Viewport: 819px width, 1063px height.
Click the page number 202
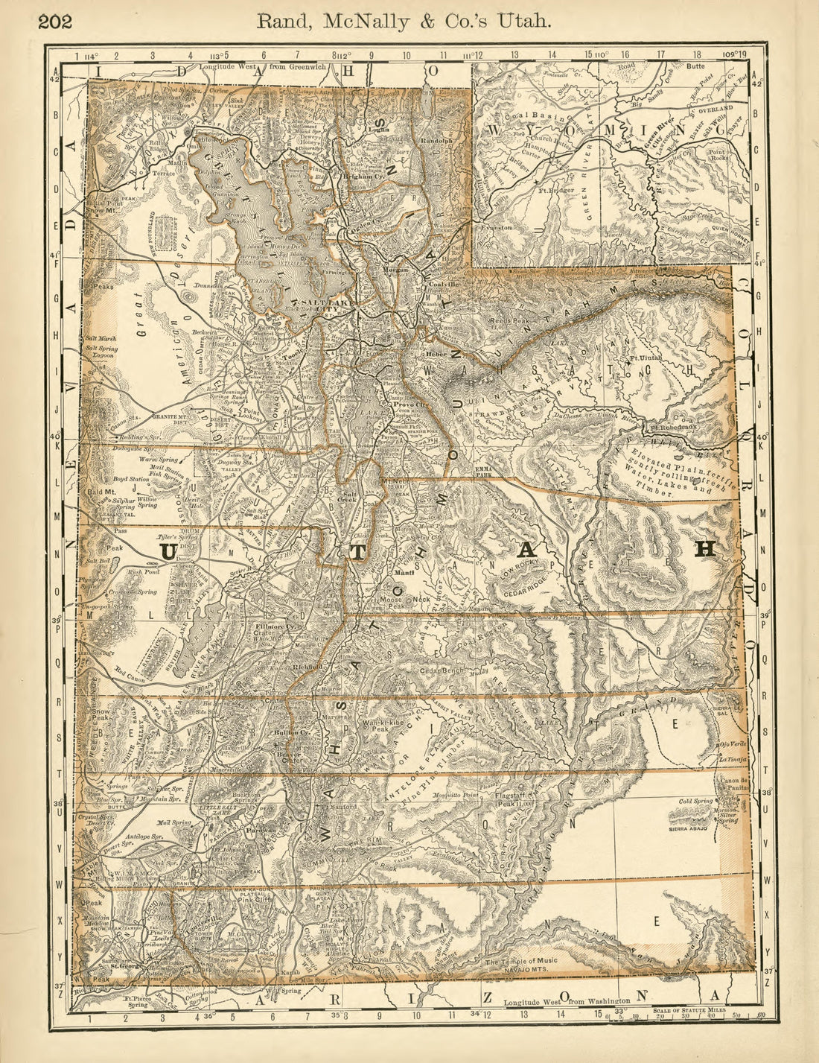click(x=55, y=21)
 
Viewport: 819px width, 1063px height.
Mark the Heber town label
click(x=436, y=354)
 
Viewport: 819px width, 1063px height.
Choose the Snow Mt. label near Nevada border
click(x=98, y=210)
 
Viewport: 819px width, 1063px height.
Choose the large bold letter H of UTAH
click(x=704, y=549)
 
